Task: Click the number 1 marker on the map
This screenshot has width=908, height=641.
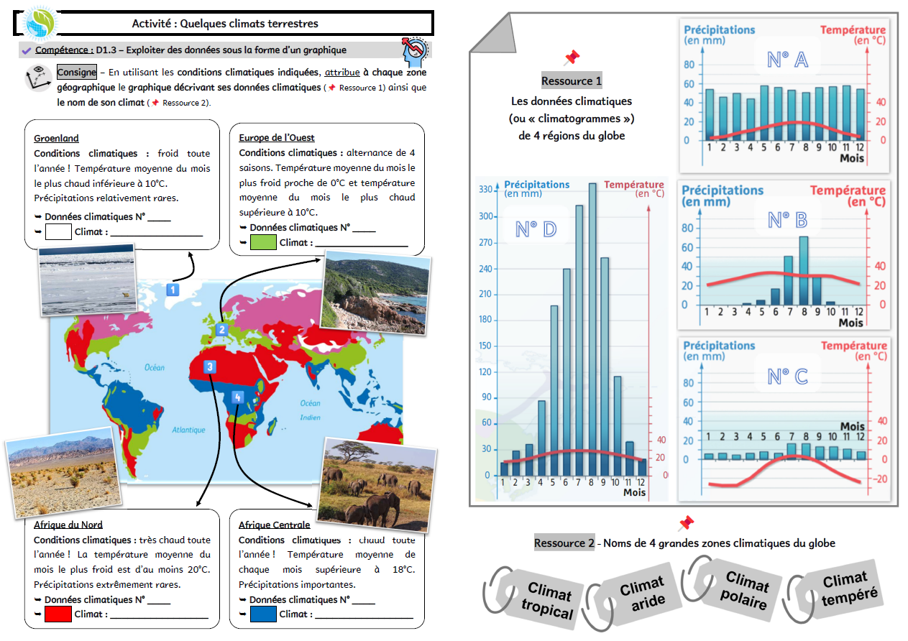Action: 173,290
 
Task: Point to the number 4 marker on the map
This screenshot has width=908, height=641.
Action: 238,397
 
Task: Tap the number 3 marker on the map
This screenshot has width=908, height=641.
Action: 210,366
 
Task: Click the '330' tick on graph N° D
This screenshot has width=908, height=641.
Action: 485,190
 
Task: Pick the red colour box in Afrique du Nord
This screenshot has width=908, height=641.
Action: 58,614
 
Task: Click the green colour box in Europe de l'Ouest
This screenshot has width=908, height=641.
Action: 263,243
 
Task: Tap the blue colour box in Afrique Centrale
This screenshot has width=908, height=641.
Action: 263,614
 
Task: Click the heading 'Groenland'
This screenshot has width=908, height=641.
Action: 56,138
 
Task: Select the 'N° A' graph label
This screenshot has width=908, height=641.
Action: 787,60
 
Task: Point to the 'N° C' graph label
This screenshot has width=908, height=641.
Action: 787,377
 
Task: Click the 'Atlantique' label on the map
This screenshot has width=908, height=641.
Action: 188,430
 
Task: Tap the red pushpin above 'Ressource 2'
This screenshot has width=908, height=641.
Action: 686,523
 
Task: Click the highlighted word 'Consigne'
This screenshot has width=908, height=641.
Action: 76,73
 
